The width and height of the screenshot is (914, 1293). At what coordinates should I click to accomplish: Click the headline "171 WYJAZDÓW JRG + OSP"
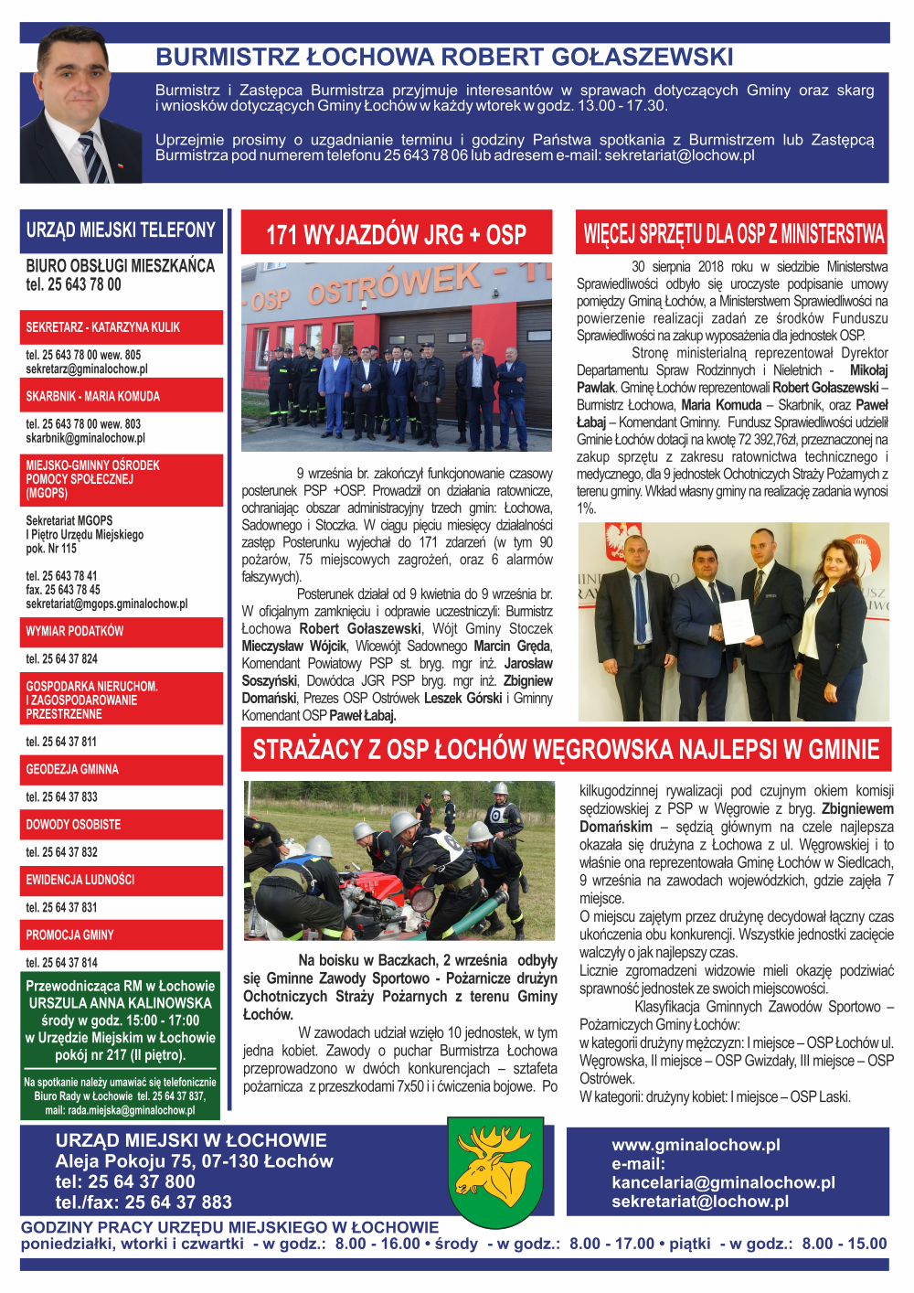(396, 235)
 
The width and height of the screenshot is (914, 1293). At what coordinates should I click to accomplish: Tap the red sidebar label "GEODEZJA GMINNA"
(72, 770)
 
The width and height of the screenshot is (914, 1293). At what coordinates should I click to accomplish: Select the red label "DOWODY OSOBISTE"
(73, 825)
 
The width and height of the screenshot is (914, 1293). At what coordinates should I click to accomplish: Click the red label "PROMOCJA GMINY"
(69, 935)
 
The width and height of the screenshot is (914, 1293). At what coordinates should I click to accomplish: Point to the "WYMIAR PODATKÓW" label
(74, 631)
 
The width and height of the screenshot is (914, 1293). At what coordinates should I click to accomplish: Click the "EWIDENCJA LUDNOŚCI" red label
(80, 880)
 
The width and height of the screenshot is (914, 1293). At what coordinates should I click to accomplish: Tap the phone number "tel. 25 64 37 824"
(61, 659)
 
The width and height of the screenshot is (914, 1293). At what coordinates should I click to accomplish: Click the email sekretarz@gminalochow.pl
(87, 369)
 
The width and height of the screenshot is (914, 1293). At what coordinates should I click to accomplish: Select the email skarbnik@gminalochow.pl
(85, 438)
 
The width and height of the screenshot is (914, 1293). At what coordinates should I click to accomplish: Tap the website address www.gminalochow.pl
(696, 1145)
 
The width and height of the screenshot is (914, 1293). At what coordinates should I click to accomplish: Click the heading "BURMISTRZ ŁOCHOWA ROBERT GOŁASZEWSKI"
(444, 57)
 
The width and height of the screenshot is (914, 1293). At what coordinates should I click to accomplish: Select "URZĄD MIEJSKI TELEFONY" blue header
(121, 230)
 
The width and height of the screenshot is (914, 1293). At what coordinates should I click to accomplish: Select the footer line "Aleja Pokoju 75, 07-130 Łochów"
(194, 1161)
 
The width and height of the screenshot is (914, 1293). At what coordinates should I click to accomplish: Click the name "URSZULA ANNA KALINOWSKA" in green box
(120, 1003)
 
